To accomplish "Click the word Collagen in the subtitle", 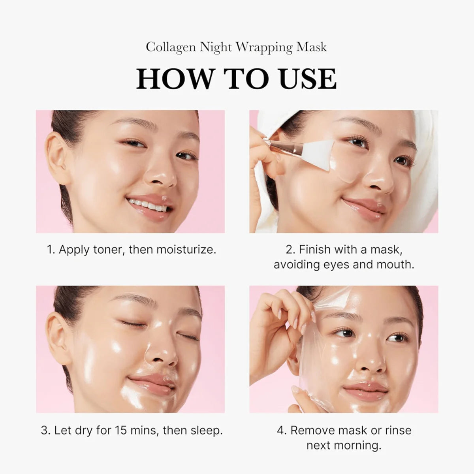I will coord(171,47).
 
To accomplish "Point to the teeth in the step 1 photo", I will coord(145,205).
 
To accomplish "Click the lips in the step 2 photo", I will coord(363,207).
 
